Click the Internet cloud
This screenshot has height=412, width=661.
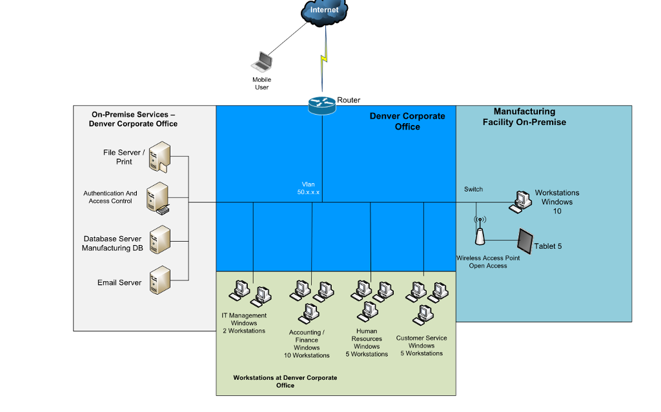pos(324,11)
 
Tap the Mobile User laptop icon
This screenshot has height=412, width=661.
pos(261,61)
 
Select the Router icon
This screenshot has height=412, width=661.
pos(322,105)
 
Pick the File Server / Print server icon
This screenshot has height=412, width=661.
pos(159,157)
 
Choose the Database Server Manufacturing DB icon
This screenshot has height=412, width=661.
pos(159,240)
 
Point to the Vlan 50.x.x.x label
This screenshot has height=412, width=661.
pos(309,188)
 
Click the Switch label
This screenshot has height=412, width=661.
pos(473,189)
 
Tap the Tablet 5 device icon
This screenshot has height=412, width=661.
pos(523,242)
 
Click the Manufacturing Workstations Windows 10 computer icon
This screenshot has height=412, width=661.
pos(520,201)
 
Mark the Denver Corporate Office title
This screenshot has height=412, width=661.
pos(407,121)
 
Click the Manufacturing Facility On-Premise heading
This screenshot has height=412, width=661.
pos(524,117)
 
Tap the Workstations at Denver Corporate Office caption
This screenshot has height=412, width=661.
pos(285,381)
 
